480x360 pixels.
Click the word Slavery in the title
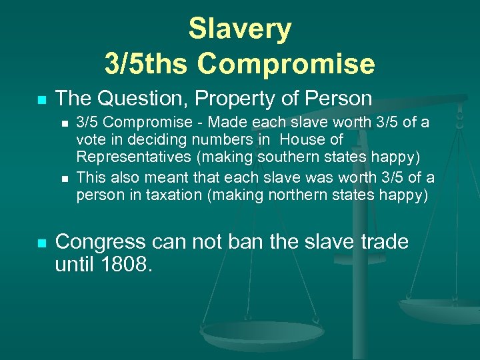pos(240,29)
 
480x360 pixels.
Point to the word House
pos(311,139)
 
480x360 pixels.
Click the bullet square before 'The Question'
pos(41,100)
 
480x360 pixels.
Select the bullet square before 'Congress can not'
pos(41,243)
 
